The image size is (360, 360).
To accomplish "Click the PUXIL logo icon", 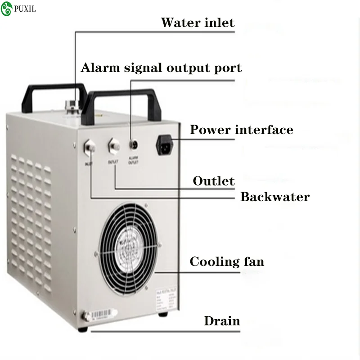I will (x=7, y=9).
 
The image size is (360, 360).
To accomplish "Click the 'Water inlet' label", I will (x=198, y=22).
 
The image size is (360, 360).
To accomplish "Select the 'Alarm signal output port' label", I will (x=161, y=68).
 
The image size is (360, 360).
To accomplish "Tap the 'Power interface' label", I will (x=241, y=130).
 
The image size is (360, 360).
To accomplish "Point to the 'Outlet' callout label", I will (x=214, y=181).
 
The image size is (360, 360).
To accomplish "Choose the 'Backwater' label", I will (x=274, y=197).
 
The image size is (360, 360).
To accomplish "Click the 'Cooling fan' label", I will (x=227, y=261).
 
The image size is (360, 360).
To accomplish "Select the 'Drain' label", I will (x=222, y=321).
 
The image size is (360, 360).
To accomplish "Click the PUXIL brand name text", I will (x=25, y=9).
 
